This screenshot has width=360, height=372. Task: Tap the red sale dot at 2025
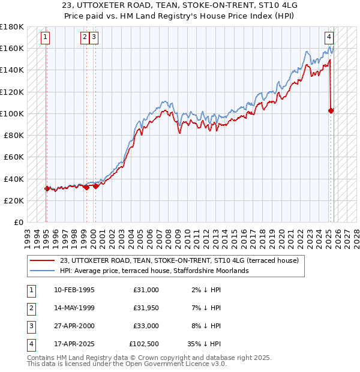tap(331, 110)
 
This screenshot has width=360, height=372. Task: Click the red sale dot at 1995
tap(47, 188)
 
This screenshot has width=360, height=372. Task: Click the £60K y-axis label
tap(14, 157)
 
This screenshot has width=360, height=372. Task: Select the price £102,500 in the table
tap(144, 344)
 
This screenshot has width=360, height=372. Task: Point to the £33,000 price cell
tap(146, 326)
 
